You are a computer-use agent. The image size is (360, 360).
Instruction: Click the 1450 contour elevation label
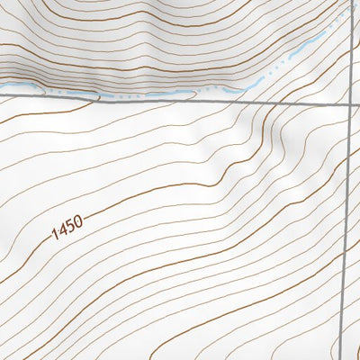click(x=67, y=226)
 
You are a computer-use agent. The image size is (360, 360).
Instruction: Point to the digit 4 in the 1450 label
click(x=64, y=229)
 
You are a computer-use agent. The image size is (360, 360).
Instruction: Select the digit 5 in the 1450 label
click(x=71, y=224)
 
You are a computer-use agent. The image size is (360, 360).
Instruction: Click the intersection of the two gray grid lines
click(x=350, y=104)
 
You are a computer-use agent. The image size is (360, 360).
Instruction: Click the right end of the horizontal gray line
click(x=359, y=104)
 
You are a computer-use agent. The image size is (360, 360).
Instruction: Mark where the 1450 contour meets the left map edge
click(x=1, y=262)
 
